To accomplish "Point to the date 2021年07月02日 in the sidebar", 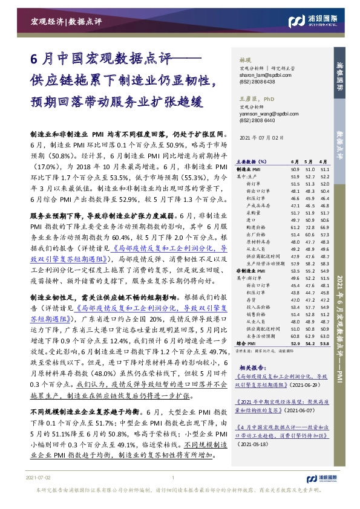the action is [x=261, y=138].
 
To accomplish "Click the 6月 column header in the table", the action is [x=295, y=162].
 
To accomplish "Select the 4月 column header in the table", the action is [x=325, y=162].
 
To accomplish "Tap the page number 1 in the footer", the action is [x=174, y=494].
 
